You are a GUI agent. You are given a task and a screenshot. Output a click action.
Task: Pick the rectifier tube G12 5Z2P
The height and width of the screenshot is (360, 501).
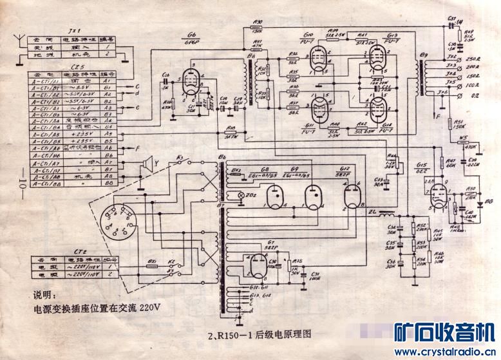pos(351,196)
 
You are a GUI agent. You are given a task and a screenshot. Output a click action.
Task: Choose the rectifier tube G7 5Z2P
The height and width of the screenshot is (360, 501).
pos(254,263)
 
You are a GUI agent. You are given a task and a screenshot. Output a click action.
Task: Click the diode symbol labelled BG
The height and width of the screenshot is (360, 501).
pos(480,202)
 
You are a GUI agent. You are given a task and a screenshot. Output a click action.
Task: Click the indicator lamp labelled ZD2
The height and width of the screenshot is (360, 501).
pos(241,194)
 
